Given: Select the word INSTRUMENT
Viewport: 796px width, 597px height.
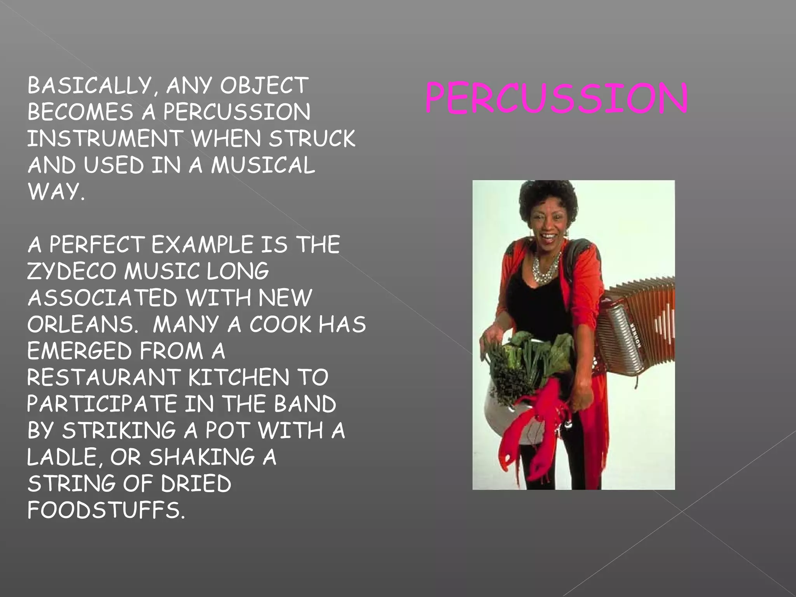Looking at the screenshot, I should click(105, 139).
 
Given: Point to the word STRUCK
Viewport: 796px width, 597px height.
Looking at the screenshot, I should click(312, 139).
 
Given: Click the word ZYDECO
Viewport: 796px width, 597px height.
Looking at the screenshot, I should click(72, 271).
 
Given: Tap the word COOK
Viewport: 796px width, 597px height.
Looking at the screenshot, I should click(280, 325).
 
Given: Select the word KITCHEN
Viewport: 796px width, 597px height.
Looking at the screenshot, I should click(239, 377).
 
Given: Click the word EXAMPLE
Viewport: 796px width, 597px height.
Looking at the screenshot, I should click(202, 245).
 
